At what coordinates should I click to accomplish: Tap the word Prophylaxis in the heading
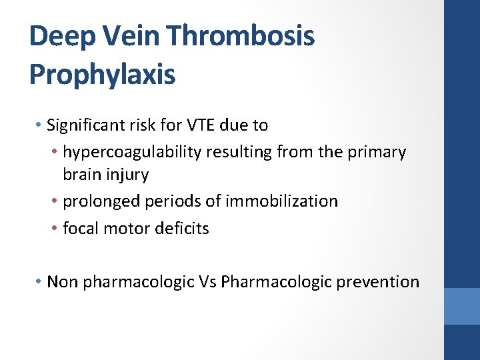[x=102, y=74]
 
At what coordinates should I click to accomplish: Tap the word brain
[x=81, y=175]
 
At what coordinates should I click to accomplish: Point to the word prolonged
[x=97, y=201]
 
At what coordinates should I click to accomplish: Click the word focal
[x=79, y=228]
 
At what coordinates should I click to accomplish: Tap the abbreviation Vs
[x=207, y=282]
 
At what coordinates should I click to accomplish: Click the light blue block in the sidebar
[x=461, y=306]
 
